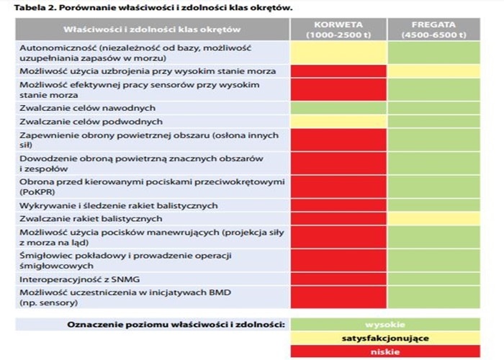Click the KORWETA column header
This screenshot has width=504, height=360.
point(338,30)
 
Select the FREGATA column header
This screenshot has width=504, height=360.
point(434,30)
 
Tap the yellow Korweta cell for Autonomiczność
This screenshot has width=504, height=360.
point(338,53)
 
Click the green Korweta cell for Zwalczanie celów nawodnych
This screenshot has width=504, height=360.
point(338,108)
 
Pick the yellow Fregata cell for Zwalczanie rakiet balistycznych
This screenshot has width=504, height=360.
point(434,219)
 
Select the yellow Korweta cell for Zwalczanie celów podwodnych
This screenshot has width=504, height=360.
point(338,122)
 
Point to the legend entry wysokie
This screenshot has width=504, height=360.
point(385,324)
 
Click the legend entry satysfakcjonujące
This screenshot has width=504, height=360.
point(385,338)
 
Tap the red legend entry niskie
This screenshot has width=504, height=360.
point(385,351)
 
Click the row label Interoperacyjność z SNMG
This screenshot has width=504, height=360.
point(80,279)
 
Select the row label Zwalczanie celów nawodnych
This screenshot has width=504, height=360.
point(87,108)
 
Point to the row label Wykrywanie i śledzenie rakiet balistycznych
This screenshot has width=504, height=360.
point(119,206)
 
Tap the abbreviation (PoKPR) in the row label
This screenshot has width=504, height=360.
point(37,192)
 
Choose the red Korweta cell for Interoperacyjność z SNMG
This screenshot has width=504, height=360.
point(338,279)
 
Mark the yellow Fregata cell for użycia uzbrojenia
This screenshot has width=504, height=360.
point(434,71)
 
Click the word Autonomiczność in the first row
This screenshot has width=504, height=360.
point(58,48)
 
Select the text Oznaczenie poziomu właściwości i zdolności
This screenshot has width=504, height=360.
point(176,325)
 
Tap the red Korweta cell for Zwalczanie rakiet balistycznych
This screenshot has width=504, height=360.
point(338,219)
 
